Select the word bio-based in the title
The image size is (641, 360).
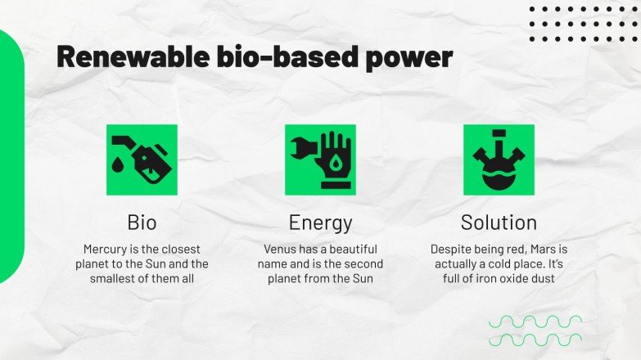277,57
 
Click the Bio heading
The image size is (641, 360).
142,222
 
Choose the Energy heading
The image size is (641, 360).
320,222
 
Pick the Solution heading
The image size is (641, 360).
499,222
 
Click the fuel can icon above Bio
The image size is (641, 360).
142,160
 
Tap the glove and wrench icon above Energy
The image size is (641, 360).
320,160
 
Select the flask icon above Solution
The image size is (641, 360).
499,160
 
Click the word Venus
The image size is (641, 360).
282,249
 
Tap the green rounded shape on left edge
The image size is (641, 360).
11,155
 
